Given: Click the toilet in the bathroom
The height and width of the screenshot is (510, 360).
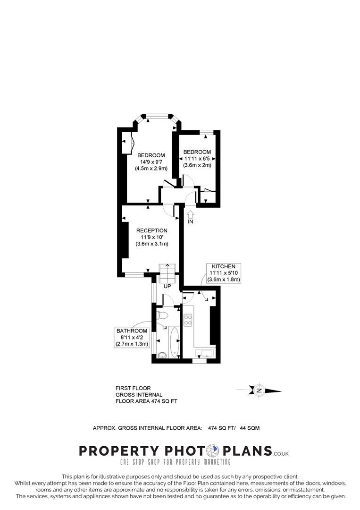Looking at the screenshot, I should point(162,314).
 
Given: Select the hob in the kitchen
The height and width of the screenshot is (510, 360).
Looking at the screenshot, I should point(188,320).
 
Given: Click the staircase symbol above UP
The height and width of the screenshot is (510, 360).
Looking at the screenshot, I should point(167,272).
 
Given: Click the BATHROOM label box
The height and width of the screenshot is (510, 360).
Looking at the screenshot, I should point(132,338).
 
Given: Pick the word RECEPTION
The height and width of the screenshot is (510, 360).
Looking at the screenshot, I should point(152,230).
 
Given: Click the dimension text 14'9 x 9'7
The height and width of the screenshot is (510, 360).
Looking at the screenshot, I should point(151,162).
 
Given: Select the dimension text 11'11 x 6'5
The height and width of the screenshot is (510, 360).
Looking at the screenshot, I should point(197,159).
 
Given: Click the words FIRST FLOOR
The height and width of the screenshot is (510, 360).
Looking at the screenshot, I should point(133,388).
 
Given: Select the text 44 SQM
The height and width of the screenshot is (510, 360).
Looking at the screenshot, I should point(250,428).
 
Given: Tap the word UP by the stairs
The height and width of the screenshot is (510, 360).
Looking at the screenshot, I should point(167,286).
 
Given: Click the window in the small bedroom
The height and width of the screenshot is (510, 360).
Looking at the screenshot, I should point(206,133).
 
